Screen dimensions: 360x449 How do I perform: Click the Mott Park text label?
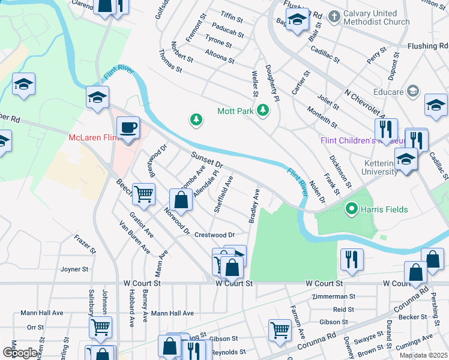pos(235,110)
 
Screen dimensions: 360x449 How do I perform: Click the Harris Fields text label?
pos(384,209)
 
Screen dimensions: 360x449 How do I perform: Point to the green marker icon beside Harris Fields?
pos(352,209)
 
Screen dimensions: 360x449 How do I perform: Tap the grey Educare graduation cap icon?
pos(412,91)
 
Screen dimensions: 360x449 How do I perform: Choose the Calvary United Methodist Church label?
pos(377,17)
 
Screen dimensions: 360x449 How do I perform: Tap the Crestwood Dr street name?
pos(214,235)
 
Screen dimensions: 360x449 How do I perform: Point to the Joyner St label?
pos(74,269)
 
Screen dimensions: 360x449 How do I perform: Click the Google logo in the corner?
pos(19,353)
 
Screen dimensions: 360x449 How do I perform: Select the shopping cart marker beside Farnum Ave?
pos(280,329)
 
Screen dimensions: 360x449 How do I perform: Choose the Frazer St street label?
pos(85,246)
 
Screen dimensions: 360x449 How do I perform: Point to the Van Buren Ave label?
pos(134,238)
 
